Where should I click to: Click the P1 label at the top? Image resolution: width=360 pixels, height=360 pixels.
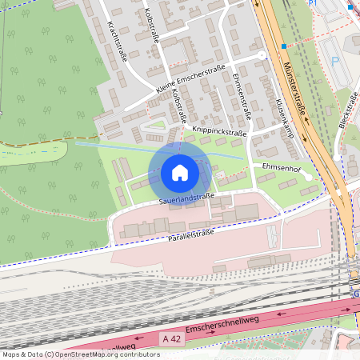(x=314, y=3)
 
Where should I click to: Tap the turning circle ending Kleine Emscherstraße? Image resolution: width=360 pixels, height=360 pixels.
(x=262, y=55)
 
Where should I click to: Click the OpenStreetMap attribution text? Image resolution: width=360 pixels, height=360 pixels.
(x=80, y=354)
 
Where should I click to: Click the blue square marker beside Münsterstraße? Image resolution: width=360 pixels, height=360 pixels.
(x=284, y=46)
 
